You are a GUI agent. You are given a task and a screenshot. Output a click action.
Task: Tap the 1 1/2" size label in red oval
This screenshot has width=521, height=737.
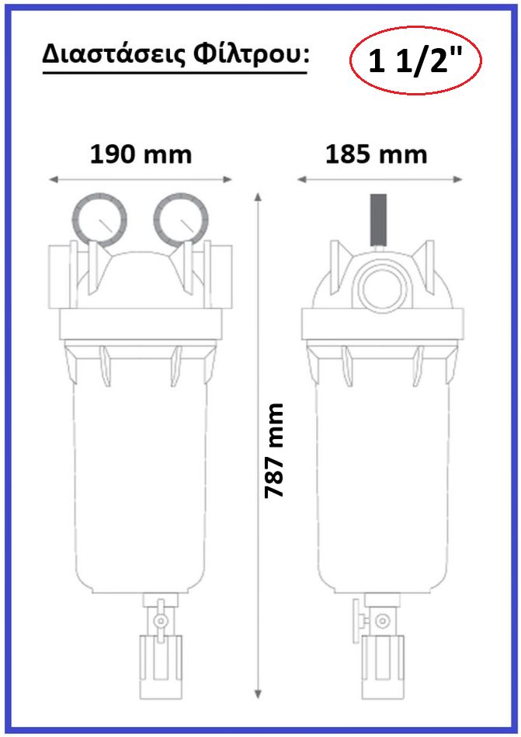tap(415, 61)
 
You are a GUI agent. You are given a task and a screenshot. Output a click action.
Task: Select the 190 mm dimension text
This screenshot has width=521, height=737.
tap(141, 154)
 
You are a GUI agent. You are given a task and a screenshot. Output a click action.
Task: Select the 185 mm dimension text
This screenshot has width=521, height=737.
tap(376, 154)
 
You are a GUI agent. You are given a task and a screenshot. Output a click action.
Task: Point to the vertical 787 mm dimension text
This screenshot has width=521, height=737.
tap(274, 450)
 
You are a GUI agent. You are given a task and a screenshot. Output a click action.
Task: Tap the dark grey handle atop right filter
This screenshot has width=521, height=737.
tap(379, 220)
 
